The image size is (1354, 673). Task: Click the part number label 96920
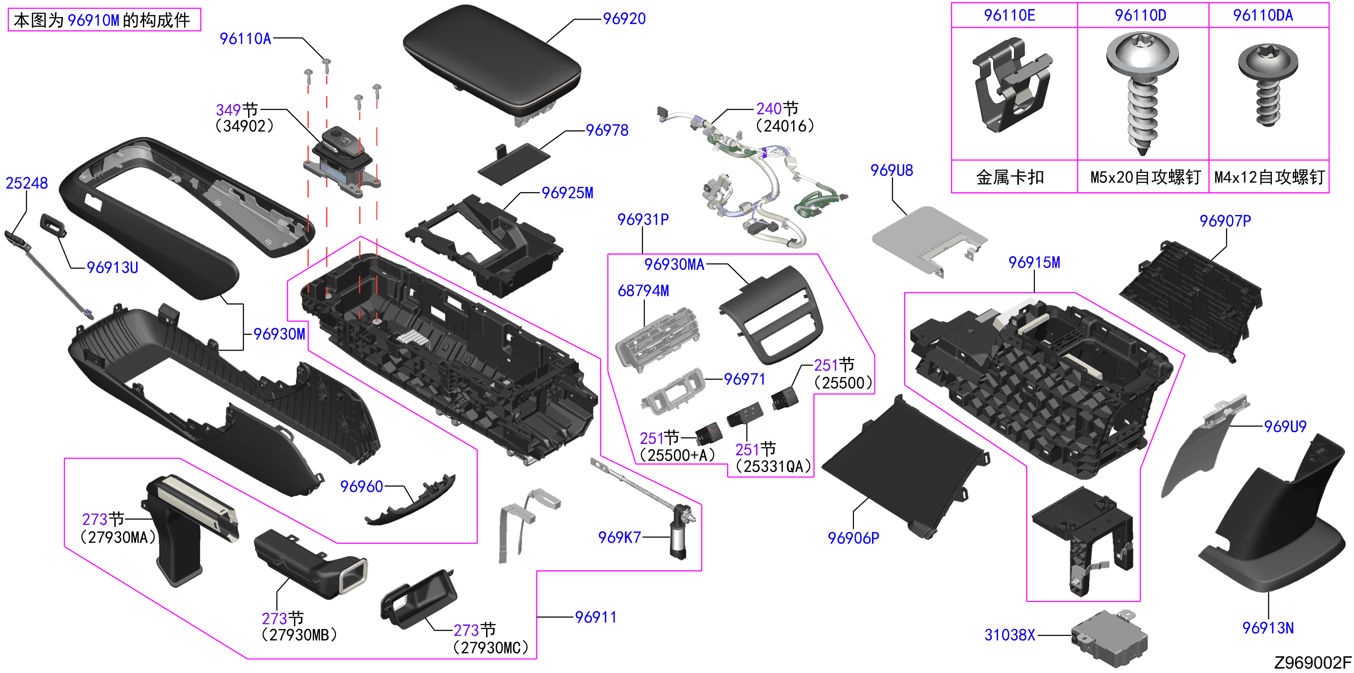[x=624, y=19]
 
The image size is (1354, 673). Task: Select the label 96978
[x=607, y=131]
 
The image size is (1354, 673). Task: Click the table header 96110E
[x=1009, y=15]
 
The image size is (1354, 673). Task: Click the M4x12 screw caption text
[x=1269, y=177]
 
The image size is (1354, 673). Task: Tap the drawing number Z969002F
[x=1312, y=663]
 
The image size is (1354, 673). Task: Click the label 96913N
[x=1267, y=628]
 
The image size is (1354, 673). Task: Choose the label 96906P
[x=853, y=538]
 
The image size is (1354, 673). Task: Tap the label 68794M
[x=643, y=291]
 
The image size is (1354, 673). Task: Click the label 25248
[x=27, y=183]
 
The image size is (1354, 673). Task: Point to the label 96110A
[x=245, y=39]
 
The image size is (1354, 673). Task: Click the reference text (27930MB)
[x=298, y=635]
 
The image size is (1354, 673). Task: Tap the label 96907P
[x=1225, y=221]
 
